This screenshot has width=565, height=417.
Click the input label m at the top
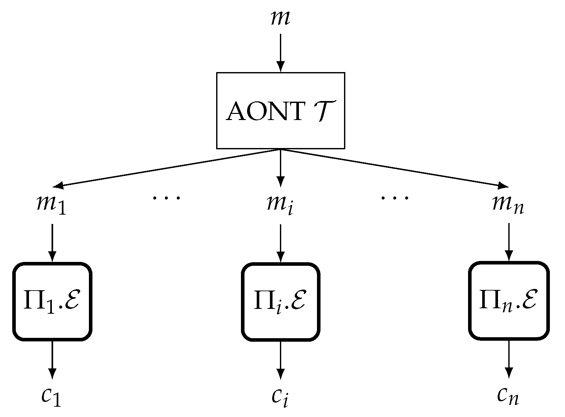280,19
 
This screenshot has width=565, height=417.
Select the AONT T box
280,110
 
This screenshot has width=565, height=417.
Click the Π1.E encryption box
52,301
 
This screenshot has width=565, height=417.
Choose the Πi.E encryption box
280,301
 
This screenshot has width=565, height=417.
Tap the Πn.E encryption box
508,301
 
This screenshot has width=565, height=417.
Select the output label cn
508,397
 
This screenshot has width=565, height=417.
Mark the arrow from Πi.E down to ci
280,360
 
